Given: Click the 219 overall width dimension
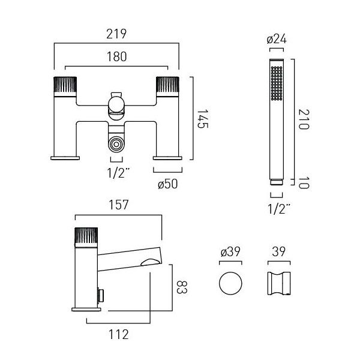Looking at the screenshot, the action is (x=116, y=34).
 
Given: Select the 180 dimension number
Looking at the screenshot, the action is (x=116, y=56).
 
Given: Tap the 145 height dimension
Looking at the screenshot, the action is (x=203, y=119).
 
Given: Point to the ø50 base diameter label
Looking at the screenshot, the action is (x=168, y=184).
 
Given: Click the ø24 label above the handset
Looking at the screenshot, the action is (x=277, y=39).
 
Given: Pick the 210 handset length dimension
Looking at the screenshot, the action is (x=304, y=119).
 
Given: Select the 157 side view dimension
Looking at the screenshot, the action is (x=118, y=205).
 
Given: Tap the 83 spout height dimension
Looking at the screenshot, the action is (x=182, y=287).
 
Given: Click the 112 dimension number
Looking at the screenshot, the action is (x=118, y=334).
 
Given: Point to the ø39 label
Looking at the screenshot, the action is (x=230, y=251).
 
